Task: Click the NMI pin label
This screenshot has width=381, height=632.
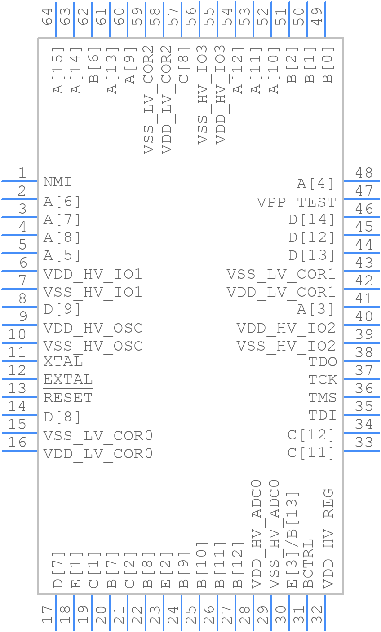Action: (x=58, y=182)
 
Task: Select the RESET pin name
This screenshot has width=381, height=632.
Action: (x=68, y=398)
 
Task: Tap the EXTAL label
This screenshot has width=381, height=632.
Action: (x=68, y=380)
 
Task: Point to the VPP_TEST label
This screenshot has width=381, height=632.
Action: (x=296, y=202)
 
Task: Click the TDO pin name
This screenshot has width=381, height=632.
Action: (x=322, y=362)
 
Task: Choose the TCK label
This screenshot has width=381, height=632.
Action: (x=322, y=380)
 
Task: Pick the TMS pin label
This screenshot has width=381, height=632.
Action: (x=322, y=398)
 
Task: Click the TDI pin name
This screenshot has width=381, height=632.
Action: (x=322, y=416)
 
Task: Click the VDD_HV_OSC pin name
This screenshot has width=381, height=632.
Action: (x=93, y=328)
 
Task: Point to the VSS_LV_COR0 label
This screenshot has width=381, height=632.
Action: (x=98, y=436)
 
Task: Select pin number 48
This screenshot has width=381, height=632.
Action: (x=364, y=173)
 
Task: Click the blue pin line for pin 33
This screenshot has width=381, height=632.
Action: (x=362, y=450)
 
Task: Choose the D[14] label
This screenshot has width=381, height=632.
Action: (x=312, y=220)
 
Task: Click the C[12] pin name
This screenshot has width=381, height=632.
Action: (x=311, y=435)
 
